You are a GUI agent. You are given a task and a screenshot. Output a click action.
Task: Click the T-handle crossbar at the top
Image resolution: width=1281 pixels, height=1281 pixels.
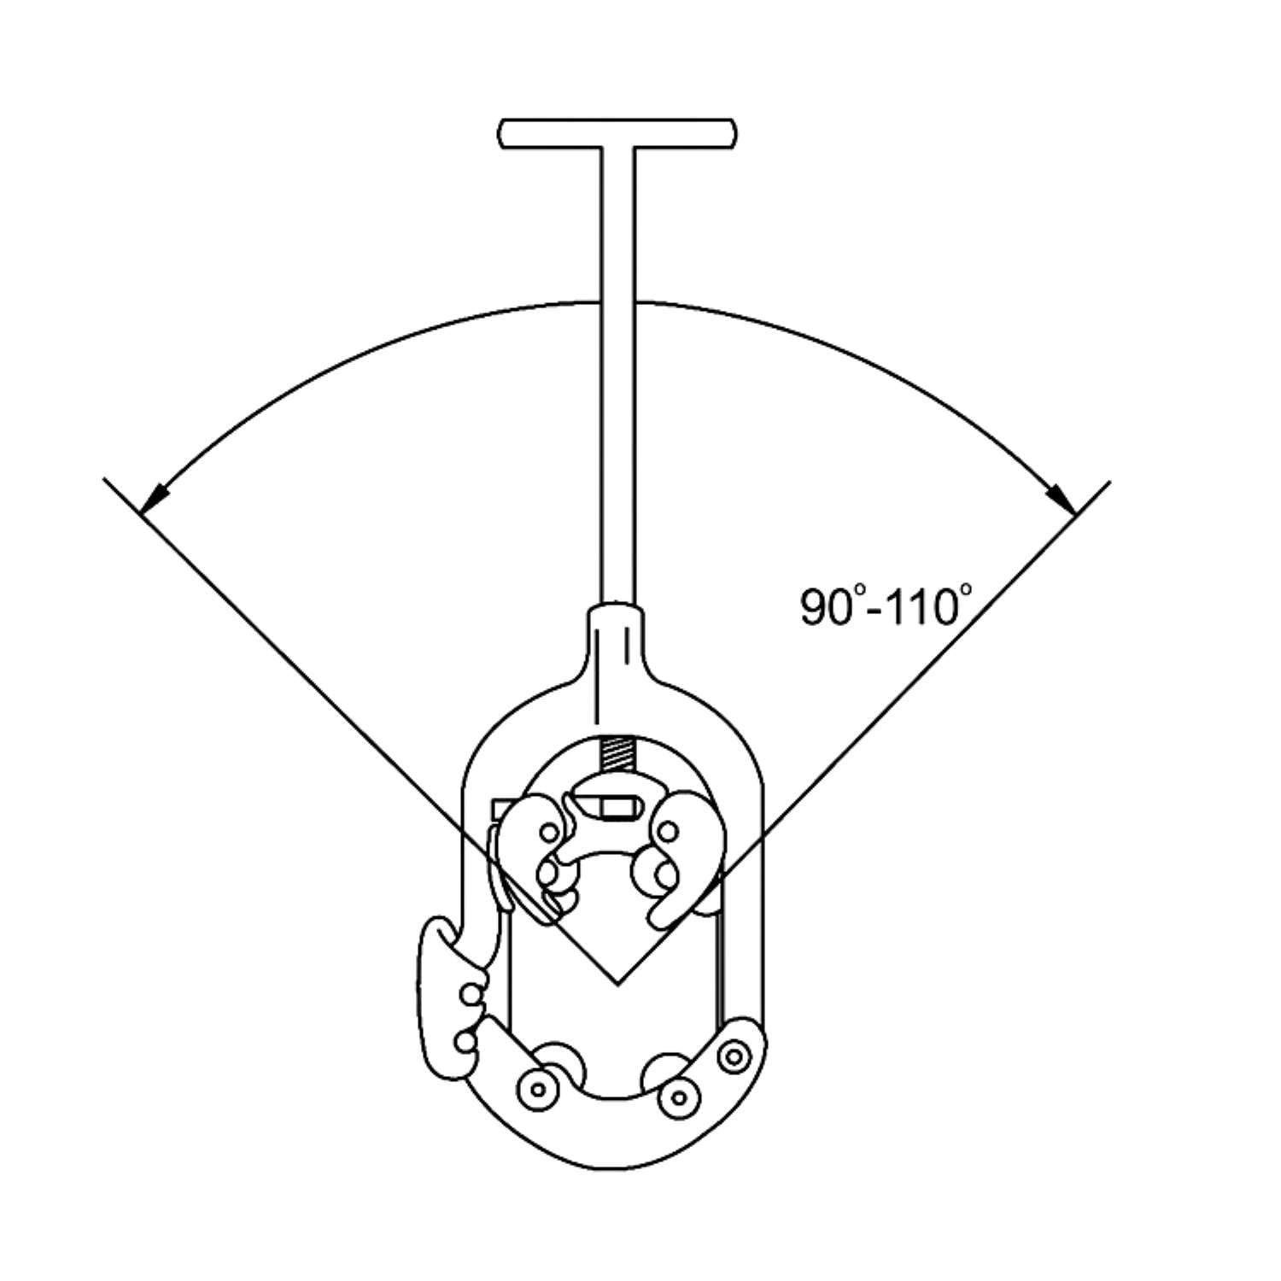coord(617,133)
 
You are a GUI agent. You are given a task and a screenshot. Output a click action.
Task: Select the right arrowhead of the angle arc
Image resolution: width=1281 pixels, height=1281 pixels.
coord(1062,500)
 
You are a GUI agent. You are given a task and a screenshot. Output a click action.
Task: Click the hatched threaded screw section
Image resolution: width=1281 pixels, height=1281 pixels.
coord(616,752)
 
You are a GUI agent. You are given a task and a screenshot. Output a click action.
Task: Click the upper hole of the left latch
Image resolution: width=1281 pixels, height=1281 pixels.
coord(467,993)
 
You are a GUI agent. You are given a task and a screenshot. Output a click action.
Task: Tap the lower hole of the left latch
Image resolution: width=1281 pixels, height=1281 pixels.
coord(465,1041)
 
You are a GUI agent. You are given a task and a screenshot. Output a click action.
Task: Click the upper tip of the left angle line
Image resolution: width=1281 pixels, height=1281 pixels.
coord(105,479)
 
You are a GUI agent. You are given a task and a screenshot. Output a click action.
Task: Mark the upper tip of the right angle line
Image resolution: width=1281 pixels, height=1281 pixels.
coord(1109,483)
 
